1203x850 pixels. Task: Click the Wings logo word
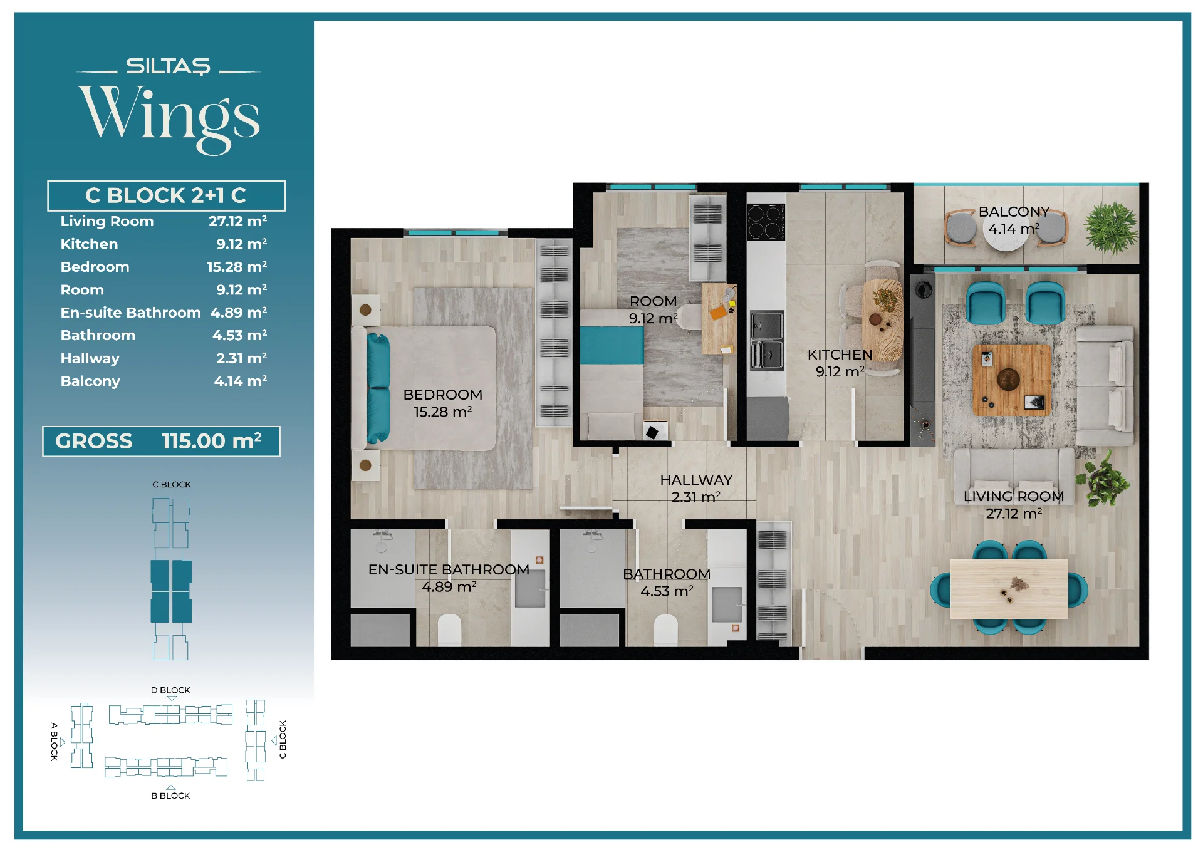pos(169,118)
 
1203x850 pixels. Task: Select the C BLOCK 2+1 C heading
pos(166,195)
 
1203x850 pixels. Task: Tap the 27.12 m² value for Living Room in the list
pos(237,221)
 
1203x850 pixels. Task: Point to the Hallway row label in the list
pos(90,358)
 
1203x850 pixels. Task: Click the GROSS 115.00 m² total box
pos(161,442)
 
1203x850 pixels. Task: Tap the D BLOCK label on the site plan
pos(170,690)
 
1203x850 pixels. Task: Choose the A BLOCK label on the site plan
pos(54,741)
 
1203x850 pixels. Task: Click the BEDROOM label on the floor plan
pos(443,395)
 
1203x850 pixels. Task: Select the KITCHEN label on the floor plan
pos(840,355)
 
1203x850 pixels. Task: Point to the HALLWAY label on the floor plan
pos(696,480)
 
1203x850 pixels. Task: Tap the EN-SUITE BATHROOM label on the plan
pos(449,569)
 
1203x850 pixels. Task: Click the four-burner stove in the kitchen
pos(766,222)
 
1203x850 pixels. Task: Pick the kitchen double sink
pos(767,341)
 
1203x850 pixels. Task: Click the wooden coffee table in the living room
pos(1011,380)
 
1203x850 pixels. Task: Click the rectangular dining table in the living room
pos(1009,589)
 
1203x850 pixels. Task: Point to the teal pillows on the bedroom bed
pos(378,388)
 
